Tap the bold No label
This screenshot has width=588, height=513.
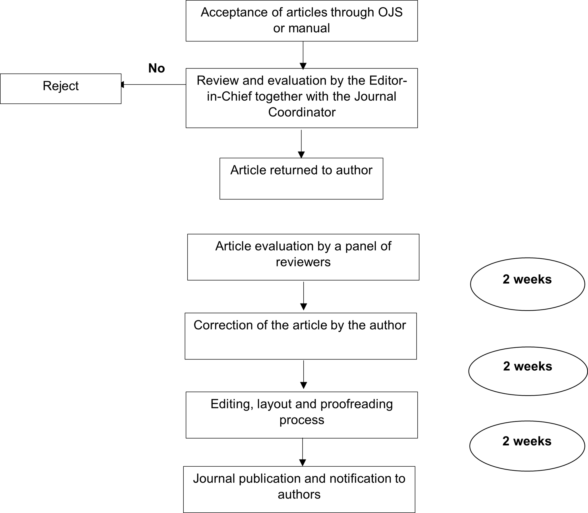pos(157,68)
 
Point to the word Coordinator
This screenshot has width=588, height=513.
pos(302,112)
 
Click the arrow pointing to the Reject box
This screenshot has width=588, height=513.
pos(154,84)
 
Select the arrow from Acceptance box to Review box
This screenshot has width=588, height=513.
pos(303,55)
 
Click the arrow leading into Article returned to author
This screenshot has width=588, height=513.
pos(301,144)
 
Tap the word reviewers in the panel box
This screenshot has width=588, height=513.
pos(303,262)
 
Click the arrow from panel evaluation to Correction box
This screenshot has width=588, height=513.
pos(304,296)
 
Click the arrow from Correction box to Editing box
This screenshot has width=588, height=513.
pos(304,375)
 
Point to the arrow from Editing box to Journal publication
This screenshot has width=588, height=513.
pos(303,452)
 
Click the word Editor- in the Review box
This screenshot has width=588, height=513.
pos(388,80)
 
